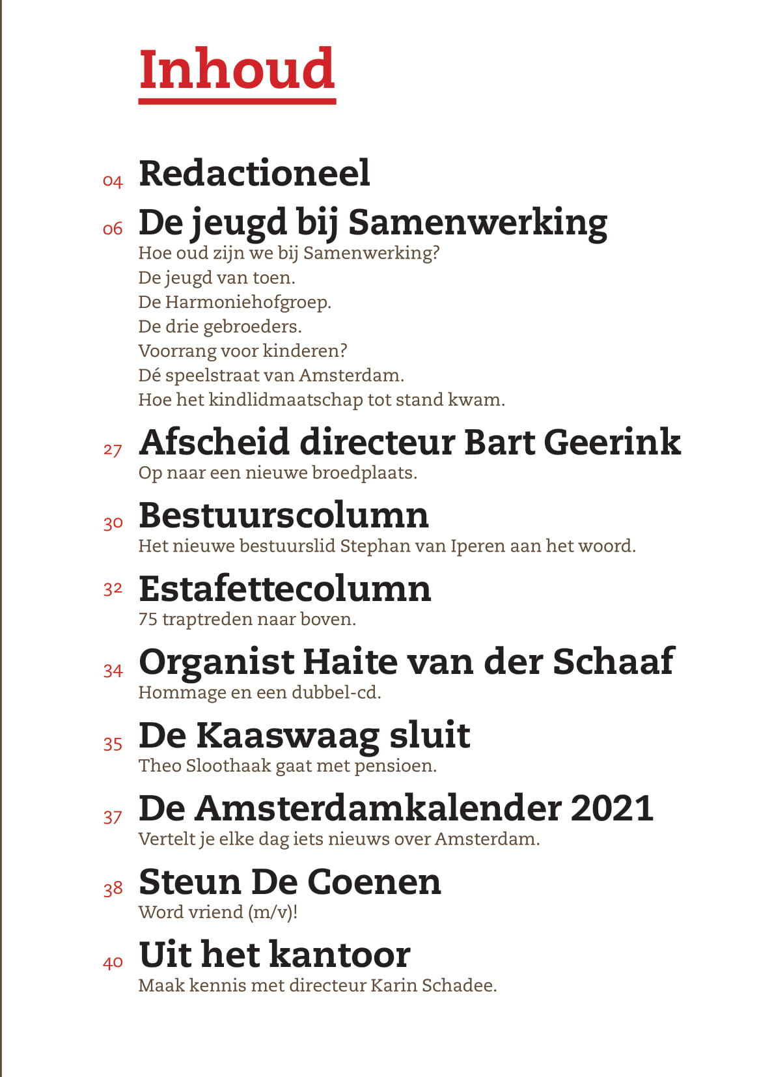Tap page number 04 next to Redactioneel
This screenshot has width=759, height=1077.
(x=113, y=181)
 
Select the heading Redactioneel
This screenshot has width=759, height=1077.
(x=255, y=173)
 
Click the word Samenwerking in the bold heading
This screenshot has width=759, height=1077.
(x=478, y=223)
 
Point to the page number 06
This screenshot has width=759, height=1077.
(x=113, y=229)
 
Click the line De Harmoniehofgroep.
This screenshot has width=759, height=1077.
(x=234, y=302)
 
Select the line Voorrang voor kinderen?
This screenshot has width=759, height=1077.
(x=242, y=351)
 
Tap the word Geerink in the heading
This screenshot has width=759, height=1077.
(x=612, y=442)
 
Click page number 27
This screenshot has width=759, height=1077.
(x=113, y=450)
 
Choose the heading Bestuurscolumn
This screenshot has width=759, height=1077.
(x=284, y=516)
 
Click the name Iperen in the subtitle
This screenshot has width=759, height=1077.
(x=478, y=546)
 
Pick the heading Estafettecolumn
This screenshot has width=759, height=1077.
(x=284, y=589)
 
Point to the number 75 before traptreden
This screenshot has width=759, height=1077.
(x=148, y=619)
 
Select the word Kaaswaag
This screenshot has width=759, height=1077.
(x=288, y=736)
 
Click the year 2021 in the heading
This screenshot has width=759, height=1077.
(x=612, y=808)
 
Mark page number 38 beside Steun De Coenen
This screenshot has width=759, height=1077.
(x=113, y=889)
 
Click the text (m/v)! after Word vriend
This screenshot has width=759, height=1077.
(x=273, y=912)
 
